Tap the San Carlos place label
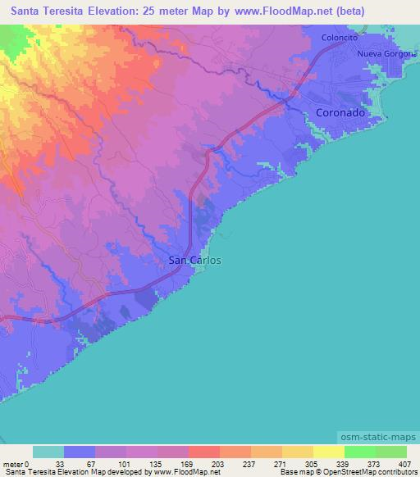(194, 261)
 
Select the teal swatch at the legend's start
(48, 452)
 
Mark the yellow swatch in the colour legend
(329, 452)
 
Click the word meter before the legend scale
(14, 463)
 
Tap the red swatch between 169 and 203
(204, 452)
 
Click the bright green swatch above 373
(360, 452)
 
